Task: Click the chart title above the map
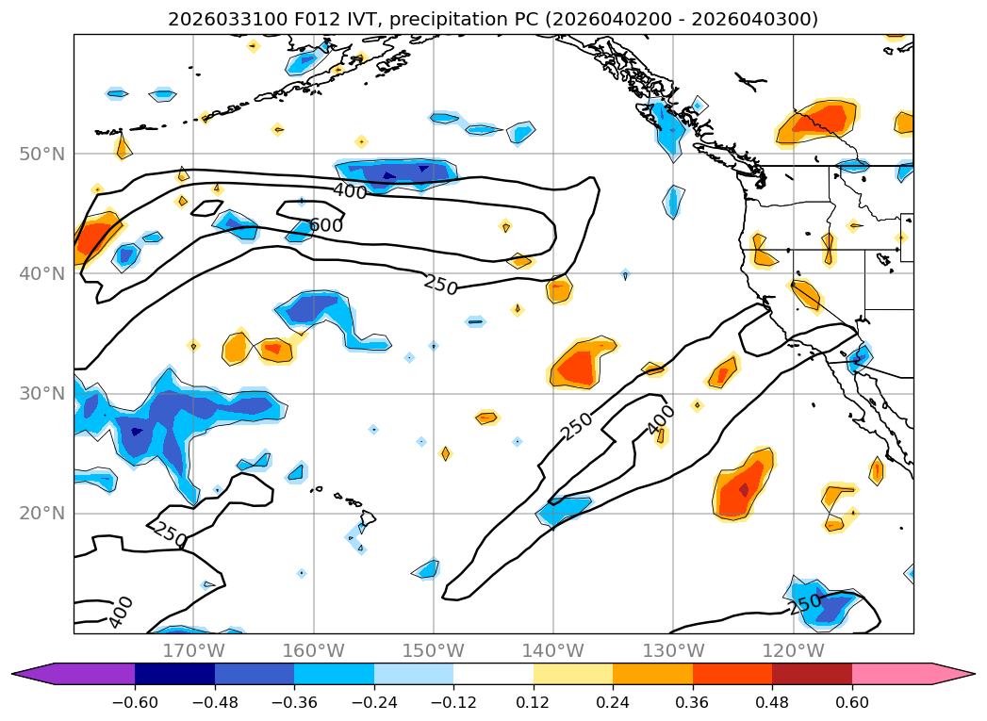click(493, 19)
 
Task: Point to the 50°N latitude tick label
click(42, 154)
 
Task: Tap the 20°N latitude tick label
click(42, 514)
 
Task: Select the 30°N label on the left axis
click(42, 393)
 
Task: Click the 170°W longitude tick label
click(193, 650)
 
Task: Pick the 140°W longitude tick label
click(553, 650)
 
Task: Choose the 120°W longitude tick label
click(793, 650)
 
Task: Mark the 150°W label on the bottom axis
click(434, 650)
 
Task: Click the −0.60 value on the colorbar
click(135, 701)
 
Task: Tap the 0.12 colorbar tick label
click(533, 701)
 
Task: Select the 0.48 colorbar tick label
click(772, 701)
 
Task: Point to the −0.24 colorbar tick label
click(373, 701)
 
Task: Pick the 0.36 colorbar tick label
click(692, 701)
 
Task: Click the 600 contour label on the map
click(326, 225)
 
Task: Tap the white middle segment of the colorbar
click(493, 674)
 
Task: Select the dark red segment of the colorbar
click(812, 674)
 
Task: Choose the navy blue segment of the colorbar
click(174, 674)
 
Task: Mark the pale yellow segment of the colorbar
click(572, 674)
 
